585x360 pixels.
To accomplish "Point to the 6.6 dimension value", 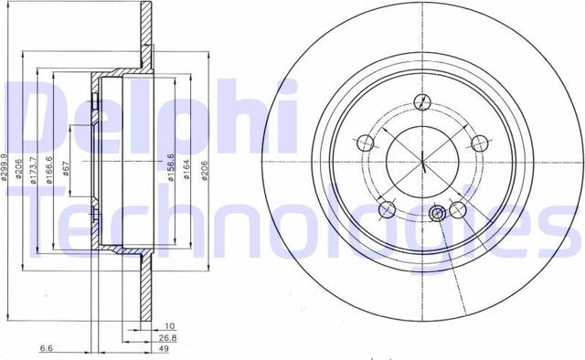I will pyautogui.click(x=46, y=347).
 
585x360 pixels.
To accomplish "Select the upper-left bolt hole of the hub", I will pyautogui.click(x=365, y=143).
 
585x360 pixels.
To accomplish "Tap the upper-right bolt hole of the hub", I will pyautogui.click(x=478, y=143).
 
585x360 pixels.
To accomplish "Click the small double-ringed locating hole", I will pyautogui.click(x=438, y=213).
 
